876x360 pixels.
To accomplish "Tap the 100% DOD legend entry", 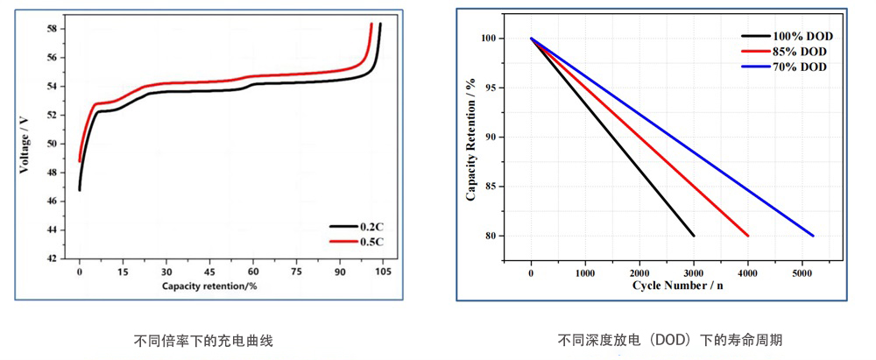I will click(x=802, y=37).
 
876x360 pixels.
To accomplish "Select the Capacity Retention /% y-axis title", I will click(x=470, y=138).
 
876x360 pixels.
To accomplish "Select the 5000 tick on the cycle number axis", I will click(x=802, y=273).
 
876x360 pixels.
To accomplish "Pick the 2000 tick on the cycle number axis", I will click(x=639, y=273).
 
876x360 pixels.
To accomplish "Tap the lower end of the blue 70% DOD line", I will click(x=813, y=236).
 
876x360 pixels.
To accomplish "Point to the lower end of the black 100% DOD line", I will click(x=694, y=236).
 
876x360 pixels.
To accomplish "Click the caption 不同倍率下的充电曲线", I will click(x=197, y=340).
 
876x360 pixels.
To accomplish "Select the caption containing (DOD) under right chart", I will click(x=670, y=340).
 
